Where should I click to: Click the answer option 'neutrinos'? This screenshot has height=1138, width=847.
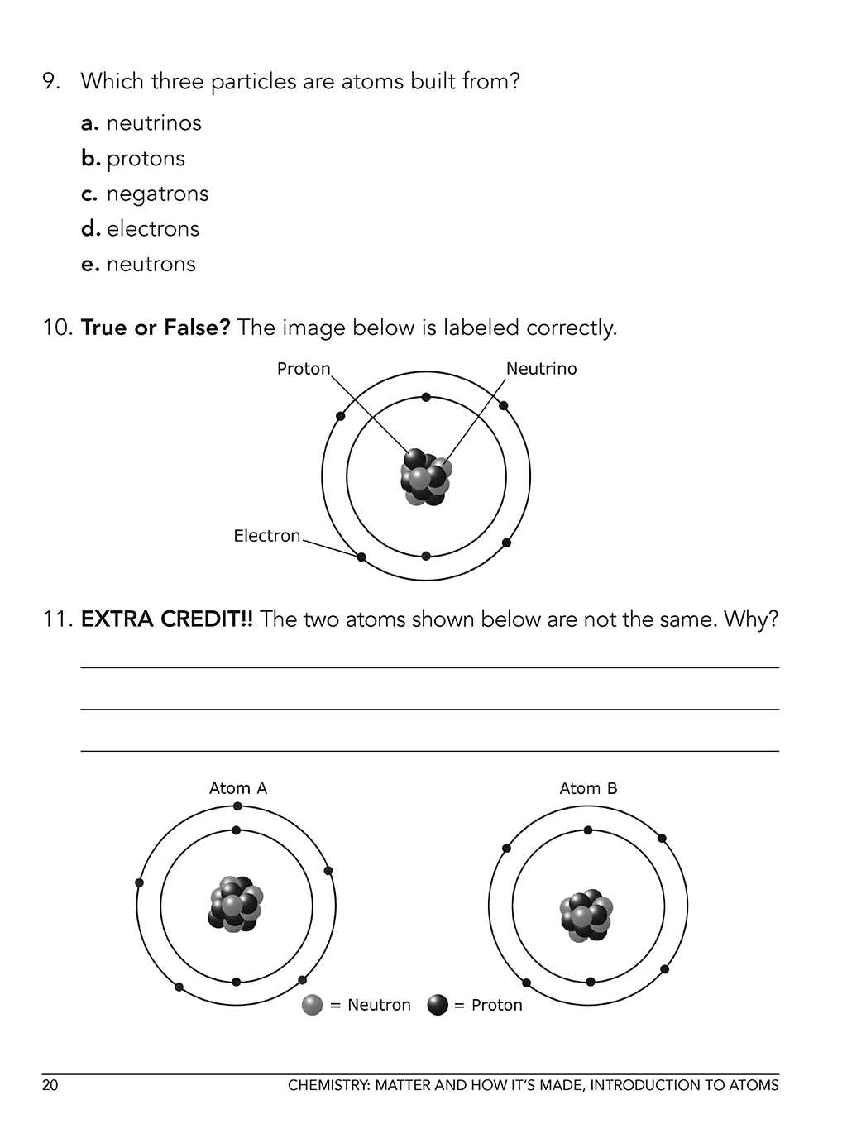tap(154, 123)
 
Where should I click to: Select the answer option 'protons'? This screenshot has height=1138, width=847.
tap(146, 159)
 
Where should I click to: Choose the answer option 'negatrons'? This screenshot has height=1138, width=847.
tap(157, 194)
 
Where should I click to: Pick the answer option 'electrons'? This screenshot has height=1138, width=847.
tap(153, 229)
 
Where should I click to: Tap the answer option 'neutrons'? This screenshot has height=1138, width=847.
tap(151, 265)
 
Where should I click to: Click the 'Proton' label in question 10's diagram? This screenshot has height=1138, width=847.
tap(304, 369)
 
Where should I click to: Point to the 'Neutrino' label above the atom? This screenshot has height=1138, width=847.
tap(541, 369)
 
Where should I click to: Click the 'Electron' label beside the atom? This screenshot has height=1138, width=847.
tap(266, 536)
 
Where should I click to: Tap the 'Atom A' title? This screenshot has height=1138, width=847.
tap(238, 788)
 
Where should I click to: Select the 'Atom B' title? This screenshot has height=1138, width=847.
tap(588, 788)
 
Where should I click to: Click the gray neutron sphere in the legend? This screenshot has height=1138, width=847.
tap(312, 1005)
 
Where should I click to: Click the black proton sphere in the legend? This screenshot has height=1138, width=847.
tap(438, 1005)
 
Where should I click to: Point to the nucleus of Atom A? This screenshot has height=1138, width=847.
tap(236, 905)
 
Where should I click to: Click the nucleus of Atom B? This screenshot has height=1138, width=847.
tap(586, 916)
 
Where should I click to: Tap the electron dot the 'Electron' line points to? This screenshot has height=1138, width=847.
tap(361, 557)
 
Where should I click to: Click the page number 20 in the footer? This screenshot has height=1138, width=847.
tap(50, 1085)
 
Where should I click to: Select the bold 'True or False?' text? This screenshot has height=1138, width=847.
tap(155, 328)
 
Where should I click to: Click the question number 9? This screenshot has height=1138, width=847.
tap(51, 82)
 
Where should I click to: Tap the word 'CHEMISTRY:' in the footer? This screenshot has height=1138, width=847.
tap(329, 1085)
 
